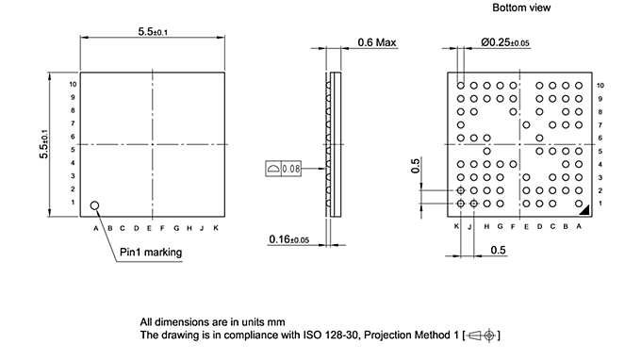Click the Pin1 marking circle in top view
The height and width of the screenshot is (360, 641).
(x=95, y=205)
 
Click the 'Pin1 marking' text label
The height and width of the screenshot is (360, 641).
(x=151, y=253)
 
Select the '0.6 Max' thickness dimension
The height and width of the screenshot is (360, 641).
(x=377, y=41)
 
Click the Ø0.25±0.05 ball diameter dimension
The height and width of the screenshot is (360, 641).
(x=505, y=41)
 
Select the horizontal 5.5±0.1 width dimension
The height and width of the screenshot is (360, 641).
(x=154, y=31)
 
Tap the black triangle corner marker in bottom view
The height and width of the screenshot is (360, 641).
(x=584, y=209)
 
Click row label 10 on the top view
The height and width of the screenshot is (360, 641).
(x=73, y=84)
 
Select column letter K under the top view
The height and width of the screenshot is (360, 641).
(x=216, y=228)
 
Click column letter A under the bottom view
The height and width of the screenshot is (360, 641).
(x=579, y=227)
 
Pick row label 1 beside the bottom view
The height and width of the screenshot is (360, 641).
(x=600, y=204)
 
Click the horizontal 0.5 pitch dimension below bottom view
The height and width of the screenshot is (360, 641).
(x=497, y=250)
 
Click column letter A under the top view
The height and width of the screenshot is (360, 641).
(x=95, y=228)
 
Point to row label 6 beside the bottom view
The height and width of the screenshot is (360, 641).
(x=600, y=138)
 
